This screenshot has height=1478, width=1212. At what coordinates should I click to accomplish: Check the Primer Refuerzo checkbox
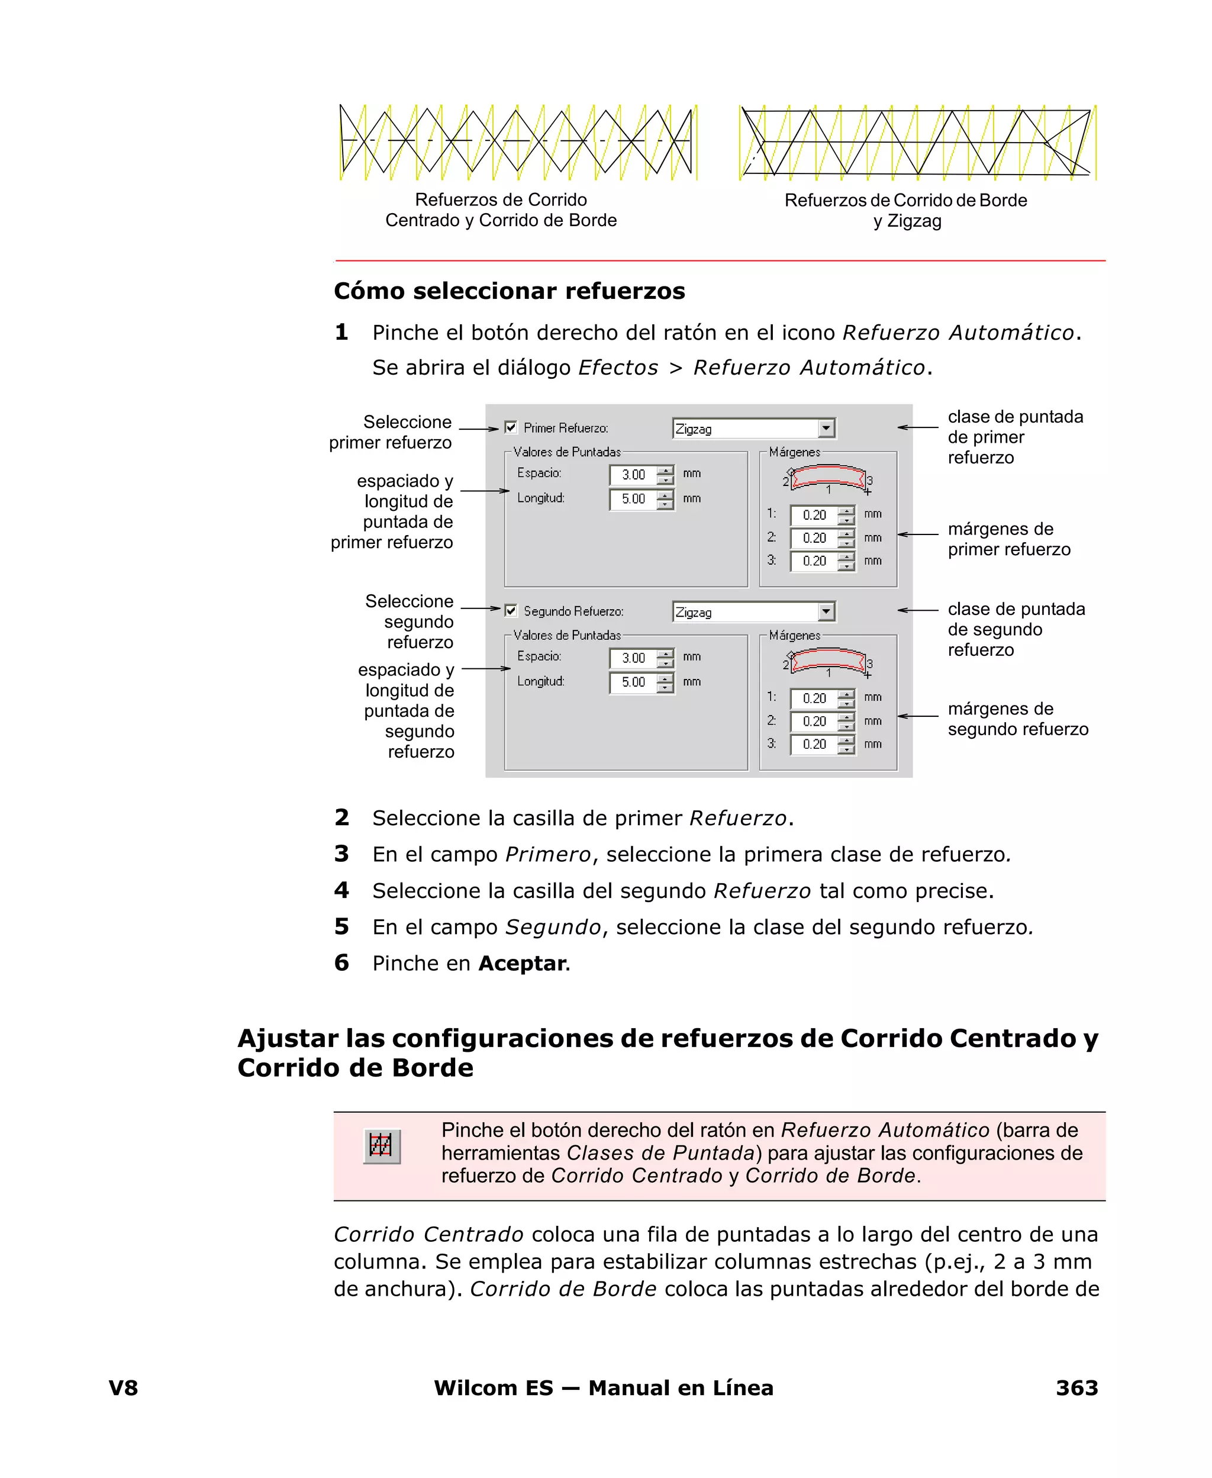[511, 427]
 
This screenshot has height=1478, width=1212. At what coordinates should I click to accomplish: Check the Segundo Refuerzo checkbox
[511, 611]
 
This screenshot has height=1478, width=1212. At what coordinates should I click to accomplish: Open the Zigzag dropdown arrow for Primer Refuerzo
[826, 428]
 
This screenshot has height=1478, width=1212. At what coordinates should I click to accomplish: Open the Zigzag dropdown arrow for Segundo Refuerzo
[826, 611]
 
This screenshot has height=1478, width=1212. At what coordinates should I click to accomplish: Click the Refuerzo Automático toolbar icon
[382, 1146]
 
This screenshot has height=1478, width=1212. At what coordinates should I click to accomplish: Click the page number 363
[1076, 1388]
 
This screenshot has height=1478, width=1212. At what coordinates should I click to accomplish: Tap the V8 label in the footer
[124, 1388]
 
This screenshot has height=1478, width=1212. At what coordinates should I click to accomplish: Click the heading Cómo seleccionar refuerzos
[509, 291]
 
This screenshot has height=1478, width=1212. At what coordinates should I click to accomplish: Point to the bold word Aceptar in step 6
[522, 964]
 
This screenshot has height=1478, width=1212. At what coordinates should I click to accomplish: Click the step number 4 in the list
[341, 890]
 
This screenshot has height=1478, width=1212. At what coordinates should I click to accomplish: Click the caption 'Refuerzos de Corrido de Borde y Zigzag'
[905, 210]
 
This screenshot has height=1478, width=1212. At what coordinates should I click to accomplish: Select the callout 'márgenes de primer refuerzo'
[1008, 539]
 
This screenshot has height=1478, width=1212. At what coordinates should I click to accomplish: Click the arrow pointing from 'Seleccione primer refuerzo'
[478, 429]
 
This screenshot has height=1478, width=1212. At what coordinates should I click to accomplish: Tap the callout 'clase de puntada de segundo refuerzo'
[1015, 629]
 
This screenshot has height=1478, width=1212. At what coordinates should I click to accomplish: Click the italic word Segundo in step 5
[553, 927]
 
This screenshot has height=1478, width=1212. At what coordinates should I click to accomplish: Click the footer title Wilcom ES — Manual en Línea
[603, 1388]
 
